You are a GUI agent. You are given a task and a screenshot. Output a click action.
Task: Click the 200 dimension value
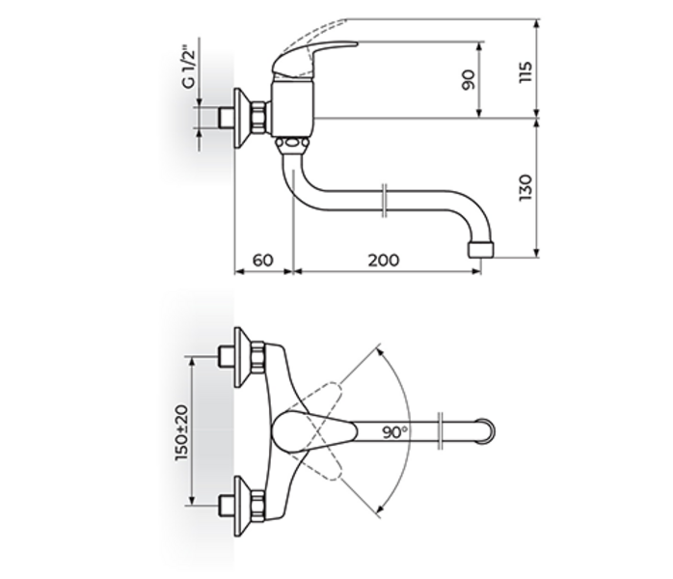(x=383, y=261)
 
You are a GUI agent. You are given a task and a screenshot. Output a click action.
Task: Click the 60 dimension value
(x=262, y=261)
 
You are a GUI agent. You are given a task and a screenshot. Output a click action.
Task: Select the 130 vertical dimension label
(x=525, y=190)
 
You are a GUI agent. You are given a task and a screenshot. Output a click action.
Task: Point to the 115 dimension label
(x=525, y=70)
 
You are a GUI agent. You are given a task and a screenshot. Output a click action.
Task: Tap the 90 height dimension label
(x=470, y=80)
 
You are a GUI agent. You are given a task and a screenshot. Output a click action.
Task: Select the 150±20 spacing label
(x=181, y=431)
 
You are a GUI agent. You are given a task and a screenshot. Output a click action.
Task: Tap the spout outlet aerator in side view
(x=480, y=250)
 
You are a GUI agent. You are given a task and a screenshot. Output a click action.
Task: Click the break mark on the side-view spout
(x=385, y=201)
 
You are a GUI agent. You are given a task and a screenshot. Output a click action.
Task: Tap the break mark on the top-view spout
(x=441, y=430)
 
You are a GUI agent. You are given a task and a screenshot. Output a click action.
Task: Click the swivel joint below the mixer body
(x=290, y=146)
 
